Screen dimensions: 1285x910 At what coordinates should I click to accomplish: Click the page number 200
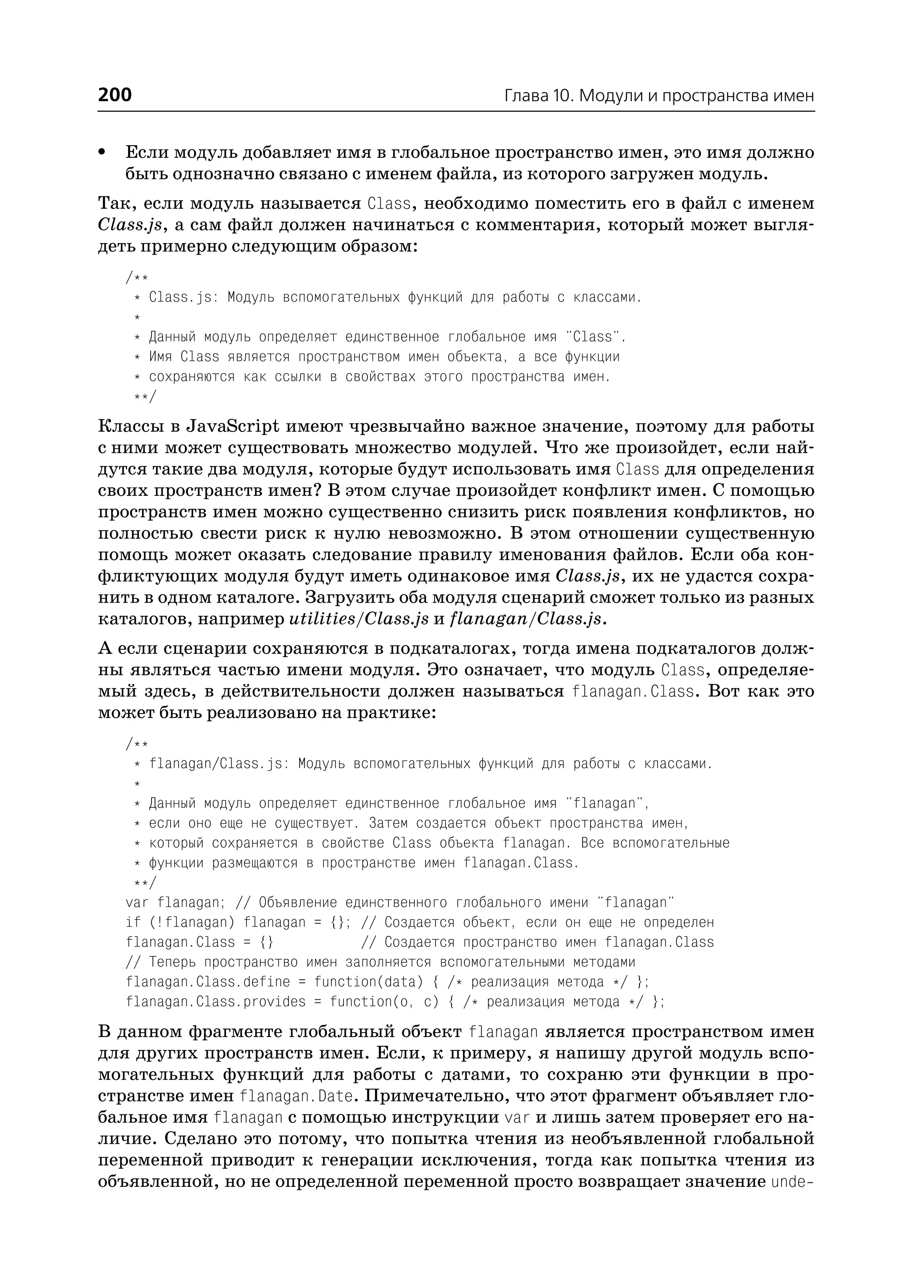(x=115, y=95)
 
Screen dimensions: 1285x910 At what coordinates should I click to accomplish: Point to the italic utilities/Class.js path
(x=359, y=619)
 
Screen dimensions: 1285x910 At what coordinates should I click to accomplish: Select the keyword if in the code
(x=133, y=922)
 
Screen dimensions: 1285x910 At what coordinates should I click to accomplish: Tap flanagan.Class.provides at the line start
(x=216, y=1002)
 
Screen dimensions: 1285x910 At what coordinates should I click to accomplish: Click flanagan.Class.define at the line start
(x=208, y=982)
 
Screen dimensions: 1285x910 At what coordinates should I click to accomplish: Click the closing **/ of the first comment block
(x=145, y=397)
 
